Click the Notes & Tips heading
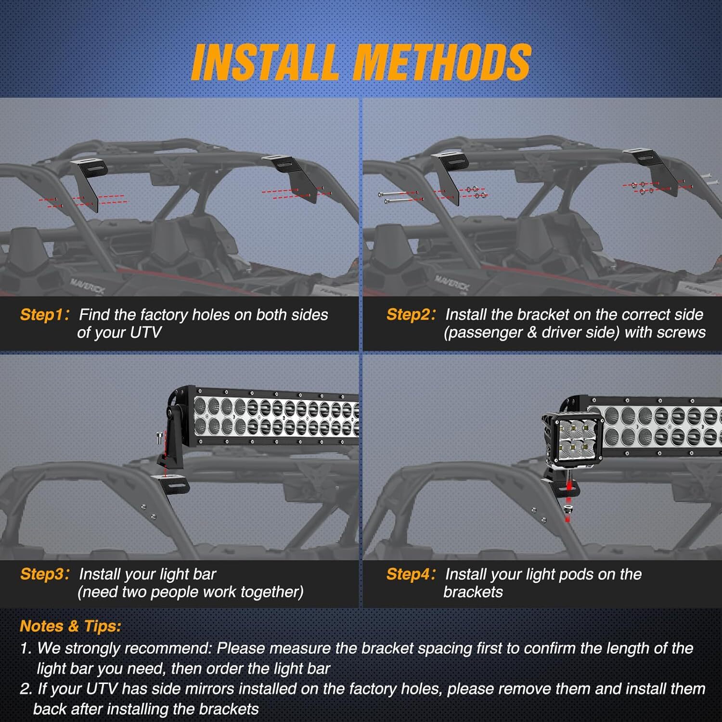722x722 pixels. (x=70, y=626)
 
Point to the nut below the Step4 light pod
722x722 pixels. (x=568, y=509)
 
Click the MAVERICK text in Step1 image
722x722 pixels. (x=87, y=285)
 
